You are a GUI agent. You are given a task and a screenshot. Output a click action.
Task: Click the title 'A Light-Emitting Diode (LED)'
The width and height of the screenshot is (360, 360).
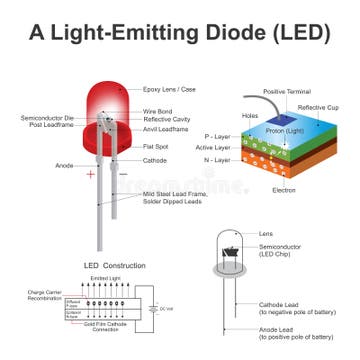point(180,31)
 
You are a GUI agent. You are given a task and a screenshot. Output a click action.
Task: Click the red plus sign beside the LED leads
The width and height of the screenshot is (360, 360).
point(91,174)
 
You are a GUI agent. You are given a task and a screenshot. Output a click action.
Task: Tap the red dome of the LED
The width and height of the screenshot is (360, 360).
point(112,105)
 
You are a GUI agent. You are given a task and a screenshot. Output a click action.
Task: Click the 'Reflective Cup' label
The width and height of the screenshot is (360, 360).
point(318,105)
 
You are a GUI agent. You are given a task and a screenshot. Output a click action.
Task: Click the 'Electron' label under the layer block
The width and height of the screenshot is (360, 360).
point(283,189)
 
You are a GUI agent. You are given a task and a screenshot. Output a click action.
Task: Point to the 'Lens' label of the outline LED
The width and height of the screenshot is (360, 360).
point(266,232)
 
